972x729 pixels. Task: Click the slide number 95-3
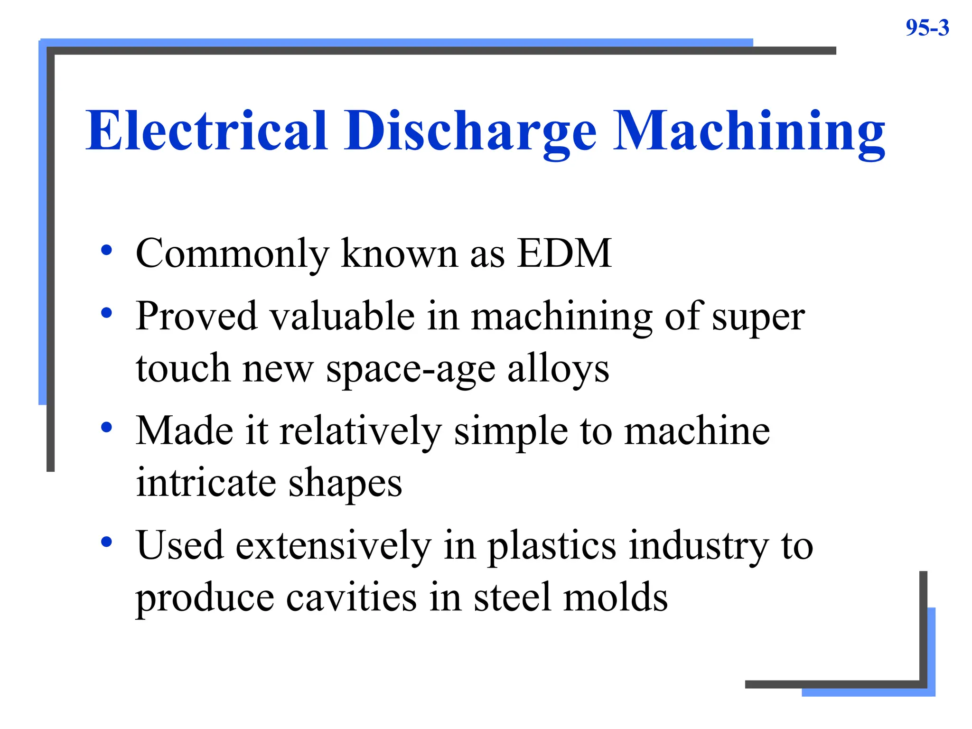[x=927, y=28]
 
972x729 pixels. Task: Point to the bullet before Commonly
[x=107, y=250]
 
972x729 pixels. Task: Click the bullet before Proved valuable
[x=107, y=313]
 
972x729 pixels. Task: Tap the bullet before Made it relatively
[x=107, y=427]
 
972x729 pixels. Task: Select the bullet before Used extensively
[x=107, y=542]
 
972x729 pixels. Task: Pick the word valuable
[x=342, y=316]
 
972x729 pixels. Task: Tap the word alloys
[x=558, y=370]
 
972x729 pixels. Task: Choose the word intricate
[x=206, y=483]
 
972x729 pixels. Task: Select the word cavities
[x=352, y=598]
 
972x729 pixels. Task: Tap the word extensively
[x=334, y=546]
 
